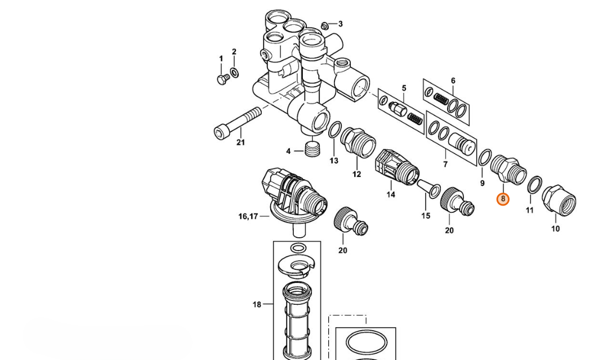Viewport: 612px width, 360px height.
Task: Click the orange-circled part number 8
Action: pyautogui.click(x=503, y=199)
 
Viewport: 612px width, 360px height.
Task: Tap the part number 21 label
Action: pyautogui.click(x=241, y=143)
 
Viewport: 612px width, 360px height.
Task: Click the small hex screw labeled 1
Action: pyautogui.click(x=223, y=79)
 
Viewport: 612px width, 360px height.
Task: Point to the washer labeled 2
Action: pyautogui.click(x=234, y=73)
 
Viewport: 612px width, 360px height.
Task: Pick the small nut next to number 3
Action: pyautogui.click(x=324, y=26)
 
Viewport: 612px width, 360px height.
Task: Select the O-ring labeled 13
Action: pyautogui.click(x=334, y=130)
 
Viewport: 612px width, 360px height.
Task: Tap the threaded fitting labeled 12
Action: pyautogui.click(x=358, y=143)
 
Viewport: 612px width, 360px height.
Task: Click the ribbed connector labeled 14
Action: pyautogui.click(x=397, y=167)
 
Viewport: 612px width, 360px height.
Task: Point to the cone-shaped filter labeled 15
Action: pyautogui.click(x=429, y=189)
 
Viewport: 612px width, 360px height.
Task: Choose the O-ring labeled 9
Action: pyautogui.click(x=485, y=158)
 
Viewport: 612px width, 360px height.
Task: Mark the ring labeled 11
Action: pyautogui.click(x=535, y=185)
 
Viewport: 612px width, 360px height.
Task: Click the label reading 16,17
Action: pyautogui.click(x=248, y=216)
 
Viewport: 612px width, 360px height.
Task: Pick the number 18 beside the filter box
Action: pyautogui.click(x=256, y=304)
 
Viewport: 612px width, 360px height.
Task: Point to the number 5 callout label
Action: pyautogui.click(x=404, y=88)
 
